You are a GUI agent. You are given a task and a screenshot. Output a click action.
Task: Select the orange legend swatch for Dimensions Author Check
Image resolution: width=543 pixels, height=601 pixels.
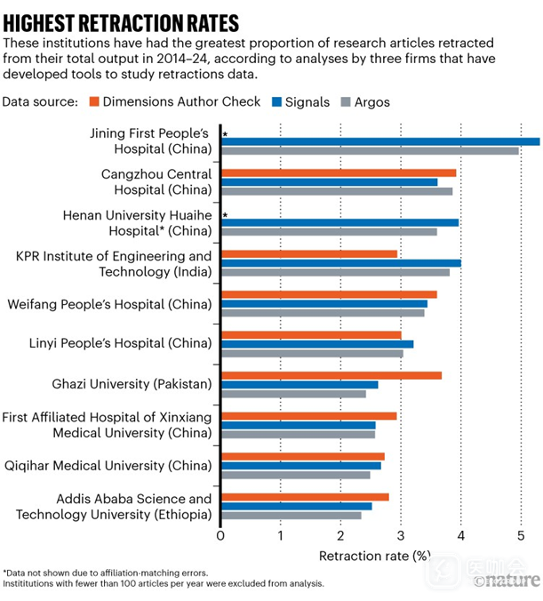[x=95, y=102]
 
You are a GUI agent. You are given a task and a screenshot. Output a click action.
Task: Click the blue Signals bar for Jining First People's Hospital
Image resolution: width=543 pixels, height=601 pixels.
[x=380, y=141]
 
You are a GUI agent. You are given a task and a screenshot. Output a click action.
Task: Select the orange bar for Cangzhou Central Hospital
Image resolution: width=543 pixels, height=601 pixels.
[x=339, y=172]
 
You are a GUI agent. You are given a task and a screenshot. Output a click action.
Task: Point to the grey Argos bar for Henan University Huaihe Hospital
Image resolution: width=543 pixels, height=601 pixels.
[x=329, y=232]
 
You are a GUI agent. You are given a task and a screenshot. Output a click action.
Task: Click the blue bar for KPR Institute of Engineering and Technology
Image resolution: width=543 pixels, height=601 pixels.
[x=341, y=262]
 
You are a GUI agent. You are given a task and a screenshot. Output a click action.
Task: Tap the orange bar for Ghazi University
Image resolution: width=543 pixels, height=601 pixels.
[x=331, y=374]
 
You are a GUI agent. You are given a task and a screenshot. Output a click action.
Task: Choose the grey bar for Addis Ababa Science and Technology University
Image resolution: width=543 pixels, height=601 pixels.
[x=291, y=515]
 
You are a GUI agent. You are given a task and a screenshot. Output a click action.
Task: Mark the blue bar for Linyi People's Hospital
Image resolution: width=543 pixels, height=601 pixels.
[x=317, y=343]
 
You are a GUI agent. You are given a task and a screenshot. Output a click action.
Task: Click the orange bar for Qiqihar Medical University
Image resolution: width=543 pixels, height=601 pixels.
[x=303, y=456]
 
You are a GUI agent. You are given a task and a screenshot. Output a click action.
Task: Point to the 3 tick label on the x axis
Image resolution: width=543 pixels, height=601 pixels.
[x=401, y=536]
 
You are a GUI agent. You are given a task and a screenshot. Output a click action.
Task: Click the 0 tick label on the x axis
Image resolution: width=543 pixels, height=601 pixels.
[x=220, y=536]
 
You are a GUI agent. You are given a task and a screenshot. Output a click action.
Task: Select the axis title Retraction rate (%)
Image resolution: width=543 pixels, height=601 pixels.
[x=374, y=557]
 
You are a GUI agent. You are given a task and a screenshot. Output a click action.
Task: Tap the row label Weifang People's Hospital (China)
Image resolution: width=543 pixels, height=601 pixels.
[x=109, y=304]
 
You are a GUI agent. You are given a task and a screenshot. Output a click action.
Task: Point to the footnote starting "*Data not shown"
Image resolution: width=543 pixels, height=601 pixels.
[x=106, y=573]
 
